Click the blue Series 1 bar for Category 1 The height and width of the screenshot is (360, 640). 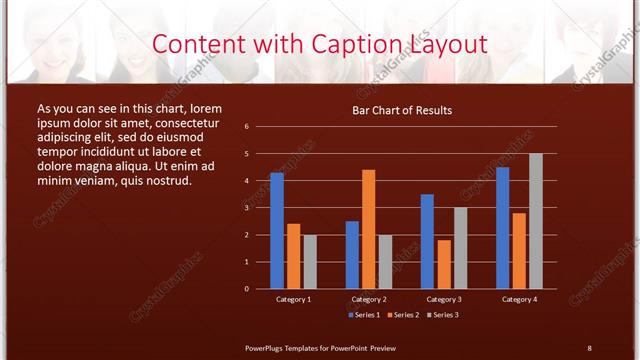pos(277,230)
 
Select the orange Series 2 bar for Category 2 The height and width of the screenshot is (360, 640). pos(369,228)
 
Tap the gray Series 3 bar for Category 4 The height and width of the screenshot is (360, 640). pos(536,220)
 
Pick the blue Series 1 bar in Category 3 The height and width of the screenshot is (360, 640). pos(427,241)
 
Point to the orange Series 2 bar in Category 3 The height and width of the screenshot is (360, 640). pos(444,264)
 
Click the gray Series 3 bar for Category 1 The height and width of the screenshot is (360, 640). pos(310,261)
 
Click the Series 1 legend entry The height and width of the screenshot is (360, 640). pos(364,315)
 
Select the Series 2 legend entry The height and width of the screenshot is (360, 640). pos(402,315)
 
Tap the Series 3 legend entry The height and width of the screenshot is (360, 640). pos(443,315)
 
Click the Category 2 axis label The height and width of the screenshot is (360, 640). pos(369,299)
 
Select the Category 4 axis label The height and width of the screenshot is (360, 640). pos(519,299)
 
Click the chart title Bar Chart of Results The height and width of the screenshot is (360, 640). pos(402,110)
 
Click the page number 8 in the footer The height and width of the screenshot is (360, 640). pos(589,347)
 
